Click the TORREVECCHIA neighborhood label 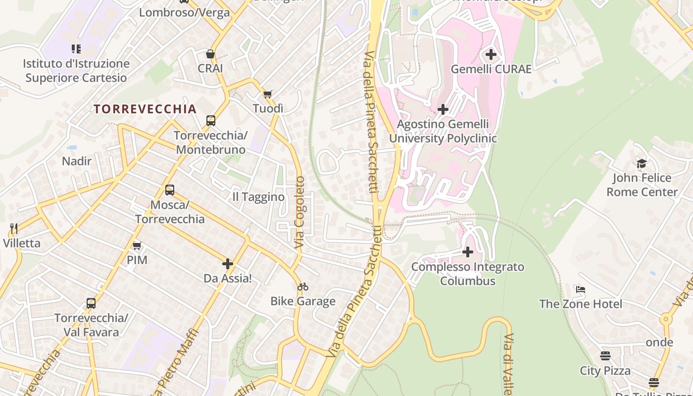point(145,109)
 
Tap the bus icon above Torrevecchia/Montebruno point(211,121)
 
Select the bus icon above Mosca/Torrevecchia point(170,190)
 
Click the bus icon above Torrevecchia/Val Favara point(91,303)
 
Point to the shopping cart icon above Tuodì point(268,94)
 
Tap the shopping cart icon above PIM point(137,246)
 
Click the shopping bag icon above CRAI point(210,54)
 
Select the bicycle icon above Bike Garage point(303,287)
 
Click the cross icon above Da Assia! point(228,264)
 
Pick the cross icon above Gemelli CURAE point(491,54)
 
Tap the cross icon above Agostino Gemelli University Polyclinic point(443,109)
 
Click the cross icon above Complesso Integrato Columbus point(468,252)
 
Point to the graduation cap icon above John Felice point(642,163)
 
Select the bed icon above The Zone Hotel point(581,289)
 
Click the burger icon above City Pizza point(605,356)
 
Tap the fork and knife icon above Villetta point(14,229)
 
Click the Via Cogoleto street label point(300,212)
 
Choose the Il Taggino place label point(258,197)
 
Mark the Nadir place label point(77,161)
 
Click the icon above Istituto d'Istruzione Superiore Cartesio point(76,49)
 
